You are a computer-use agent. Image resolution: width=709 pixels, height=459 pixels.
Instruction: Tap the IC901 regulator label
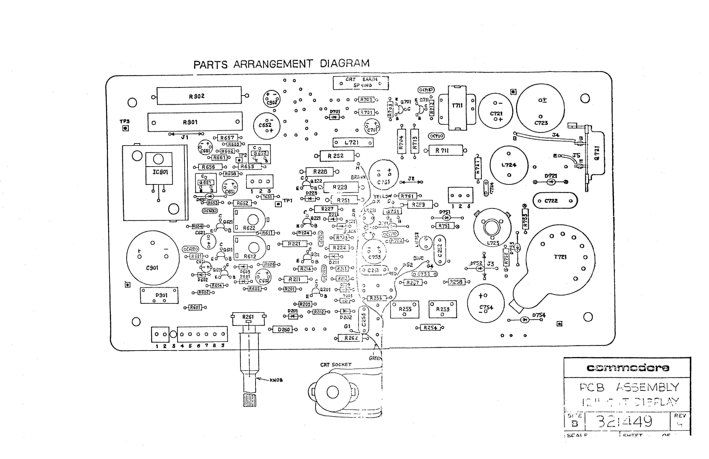pos(160,172)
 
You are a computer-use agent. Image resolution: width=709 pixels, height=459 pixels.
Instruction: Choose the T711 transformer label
pos(457,106)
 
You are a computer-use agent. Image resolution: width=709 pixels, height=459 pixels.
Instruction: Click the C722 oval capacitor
pos(555,201)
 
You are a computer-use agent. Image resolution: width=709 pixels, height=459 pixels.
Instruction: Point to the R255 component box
pos(405,309)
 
